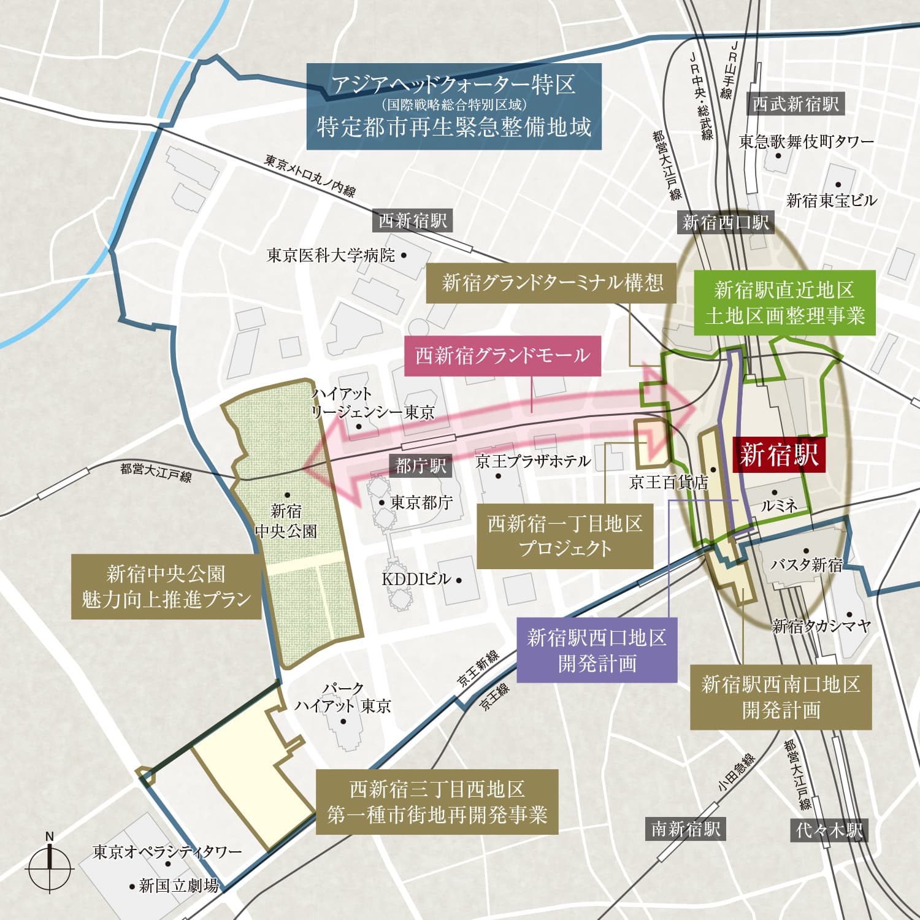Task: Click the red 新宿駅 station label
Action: (x=779, y=455)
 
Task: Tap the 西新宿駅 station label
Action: (x=413, y=221)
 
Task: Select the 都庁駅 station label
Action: (x=421, y=466)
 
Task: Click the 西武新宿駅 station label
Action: (x=795, y=104)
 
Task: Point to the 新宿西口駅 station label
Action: (x=726, y=222)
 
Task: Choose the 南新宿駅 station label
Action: (x=686, y=829)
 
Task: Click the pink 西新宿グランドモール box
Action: (x=502, y=356)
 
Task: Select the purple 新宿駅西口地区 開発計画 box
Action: (x=597, y=650)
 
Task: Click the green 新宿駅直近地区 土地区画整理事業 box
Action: (x=784, y=303)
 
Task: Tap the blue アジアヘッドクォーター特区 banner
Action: (x=454, y=107)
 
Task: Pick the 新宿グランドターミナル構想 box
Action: (x=552, y=283)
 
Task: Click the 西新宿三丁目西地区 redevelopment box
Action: (x=437, y=802)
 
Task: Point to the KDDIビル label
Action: (x=416, y=579)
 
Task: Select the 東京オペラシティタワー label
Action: (x=167, y=852)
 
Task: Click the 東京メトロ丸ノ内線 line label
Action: (x=310, y=175)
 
